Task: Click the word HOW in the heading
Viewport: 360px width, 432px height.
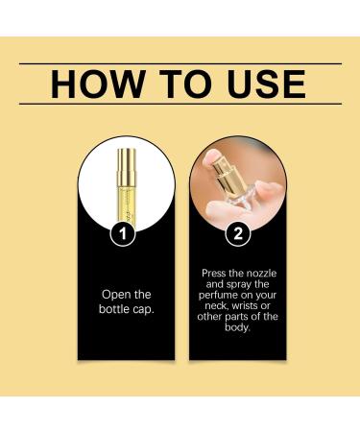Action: click(97, 84)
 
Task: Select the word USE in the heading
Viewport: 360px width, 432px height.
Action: click(266, 84)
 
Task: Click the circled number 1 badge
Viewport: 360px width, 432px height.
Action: click(123, 233)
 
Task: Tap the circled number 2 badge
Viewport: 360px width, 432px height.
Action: click(238, 233)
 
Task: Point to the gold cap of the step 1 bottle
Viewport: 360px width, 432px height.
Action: click(127, 167)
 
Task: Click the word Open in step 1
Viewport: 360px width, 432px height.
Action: click(112, 295)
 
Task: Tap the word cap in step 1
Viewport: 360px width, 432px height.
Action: click(143, 310)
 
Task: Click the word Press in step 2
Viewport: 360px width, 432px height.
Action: click(214, 274)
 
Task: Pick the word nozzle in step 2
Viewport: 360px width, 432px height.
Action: click(260, 274)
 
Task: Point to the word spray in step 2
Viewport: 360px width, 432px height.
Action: click(239, 285)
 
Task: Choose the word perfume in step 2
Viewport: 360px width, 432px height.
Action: click(217, 296)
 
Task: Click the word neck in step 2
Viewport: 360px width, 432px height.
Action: click(216, 306)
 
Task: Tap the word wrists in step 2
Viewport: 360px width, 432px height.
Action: click(245, 305)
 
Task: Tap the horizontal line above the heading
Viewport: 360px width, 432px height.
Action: click(180, 63)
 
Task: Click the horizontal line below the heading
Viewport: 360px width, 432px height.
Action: click(180, 104)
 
